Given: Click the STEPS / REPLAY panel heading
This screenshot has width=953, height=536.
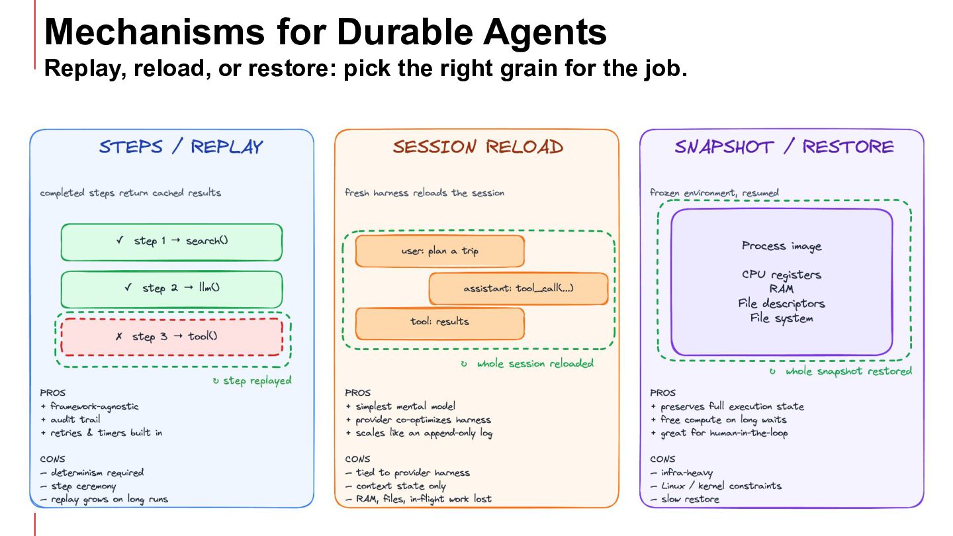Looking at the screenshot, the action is point(181,147).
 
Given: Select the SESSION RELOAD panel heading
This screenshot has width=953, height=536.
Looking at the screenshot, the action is point(478,147).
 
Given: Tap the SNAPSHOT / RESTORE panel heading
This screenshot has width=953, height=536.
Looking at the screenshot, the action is point(784,147).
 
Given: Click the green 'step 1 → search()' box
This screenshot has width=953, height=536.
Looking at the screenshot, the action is point(171,242).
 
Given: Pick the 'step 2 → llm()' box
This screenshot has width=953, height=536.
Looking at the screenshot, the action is point(171,289).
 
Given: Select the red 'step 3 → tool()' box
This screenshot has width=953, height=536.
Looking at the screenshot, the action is point(171,337).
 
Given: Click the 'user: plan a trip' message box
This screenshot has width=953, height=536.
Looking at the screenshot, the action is point(440,251).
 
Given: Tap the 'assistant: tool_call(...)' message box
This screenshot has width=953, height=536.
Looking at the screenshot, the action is point(519,289).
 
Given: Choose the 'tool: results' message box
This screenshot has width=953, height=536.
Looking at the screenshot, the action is point(440,324).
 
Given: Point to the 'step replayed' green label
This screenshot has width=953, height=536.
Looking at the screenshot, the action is point(252,380).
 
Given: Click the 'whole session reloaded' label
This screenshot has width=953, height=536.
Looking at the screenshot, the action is point(527,364).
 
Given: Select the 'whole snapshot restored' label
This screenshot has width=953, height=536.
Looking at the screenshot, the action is point(840,371).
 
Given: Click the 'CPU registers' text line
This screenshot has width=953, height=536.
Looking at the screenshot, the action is point(782,275).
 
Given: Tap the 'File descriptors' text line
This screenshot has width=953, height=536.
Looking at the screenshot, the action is point(782,303).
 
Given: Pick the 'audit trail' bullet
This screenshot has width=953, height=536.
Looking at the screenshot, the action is point(70,420).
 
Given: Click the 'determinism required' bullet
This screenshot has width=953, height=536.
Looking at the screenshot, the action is point(92,472).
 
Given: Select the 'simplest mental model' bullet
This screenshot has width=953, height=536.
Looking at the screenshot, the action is point(400,406).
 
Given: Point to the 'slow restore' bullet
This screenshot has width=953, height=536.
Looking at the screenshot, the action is point(685,499).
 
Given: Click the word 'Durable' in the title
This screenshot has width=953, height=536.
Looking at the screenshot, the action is point(405,32).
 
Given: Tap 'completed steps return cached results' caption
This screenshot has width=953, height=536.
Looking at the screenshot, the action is point(130,193).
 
